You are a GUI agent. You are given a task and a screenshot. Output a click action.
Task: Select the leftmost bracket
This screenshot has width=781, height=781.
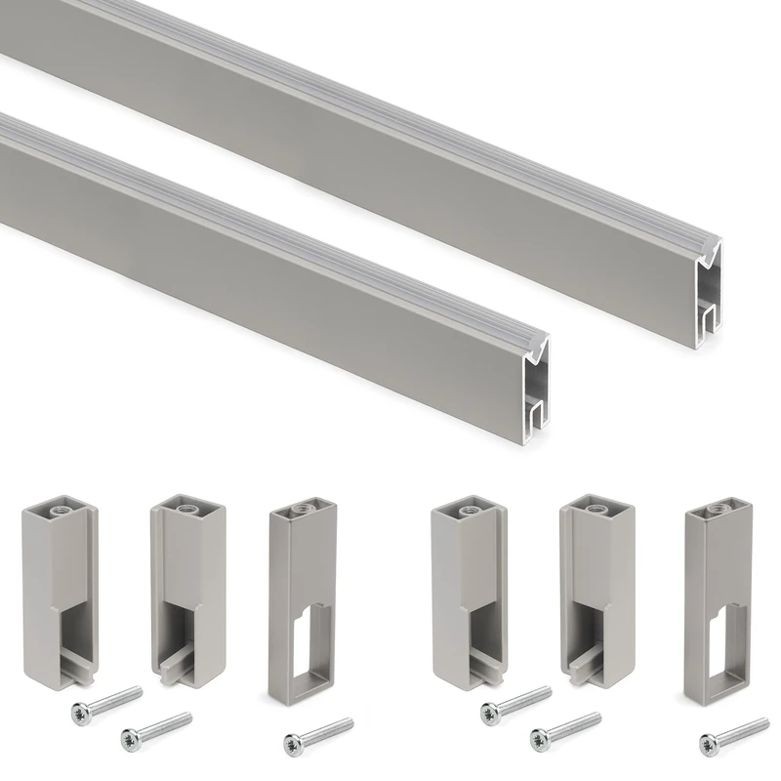click(59, 587)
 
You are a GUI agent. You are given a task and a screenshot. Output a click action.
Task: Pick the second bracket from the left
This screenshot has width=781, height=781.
click(185, 587)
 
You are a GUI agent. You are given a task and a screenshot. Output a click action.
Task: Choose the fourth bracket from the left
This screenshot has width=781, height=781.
click(469, 587)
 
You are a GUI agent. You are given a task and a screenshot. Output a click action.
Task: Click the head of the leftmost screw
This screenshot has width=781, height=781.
click(79, 714)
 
